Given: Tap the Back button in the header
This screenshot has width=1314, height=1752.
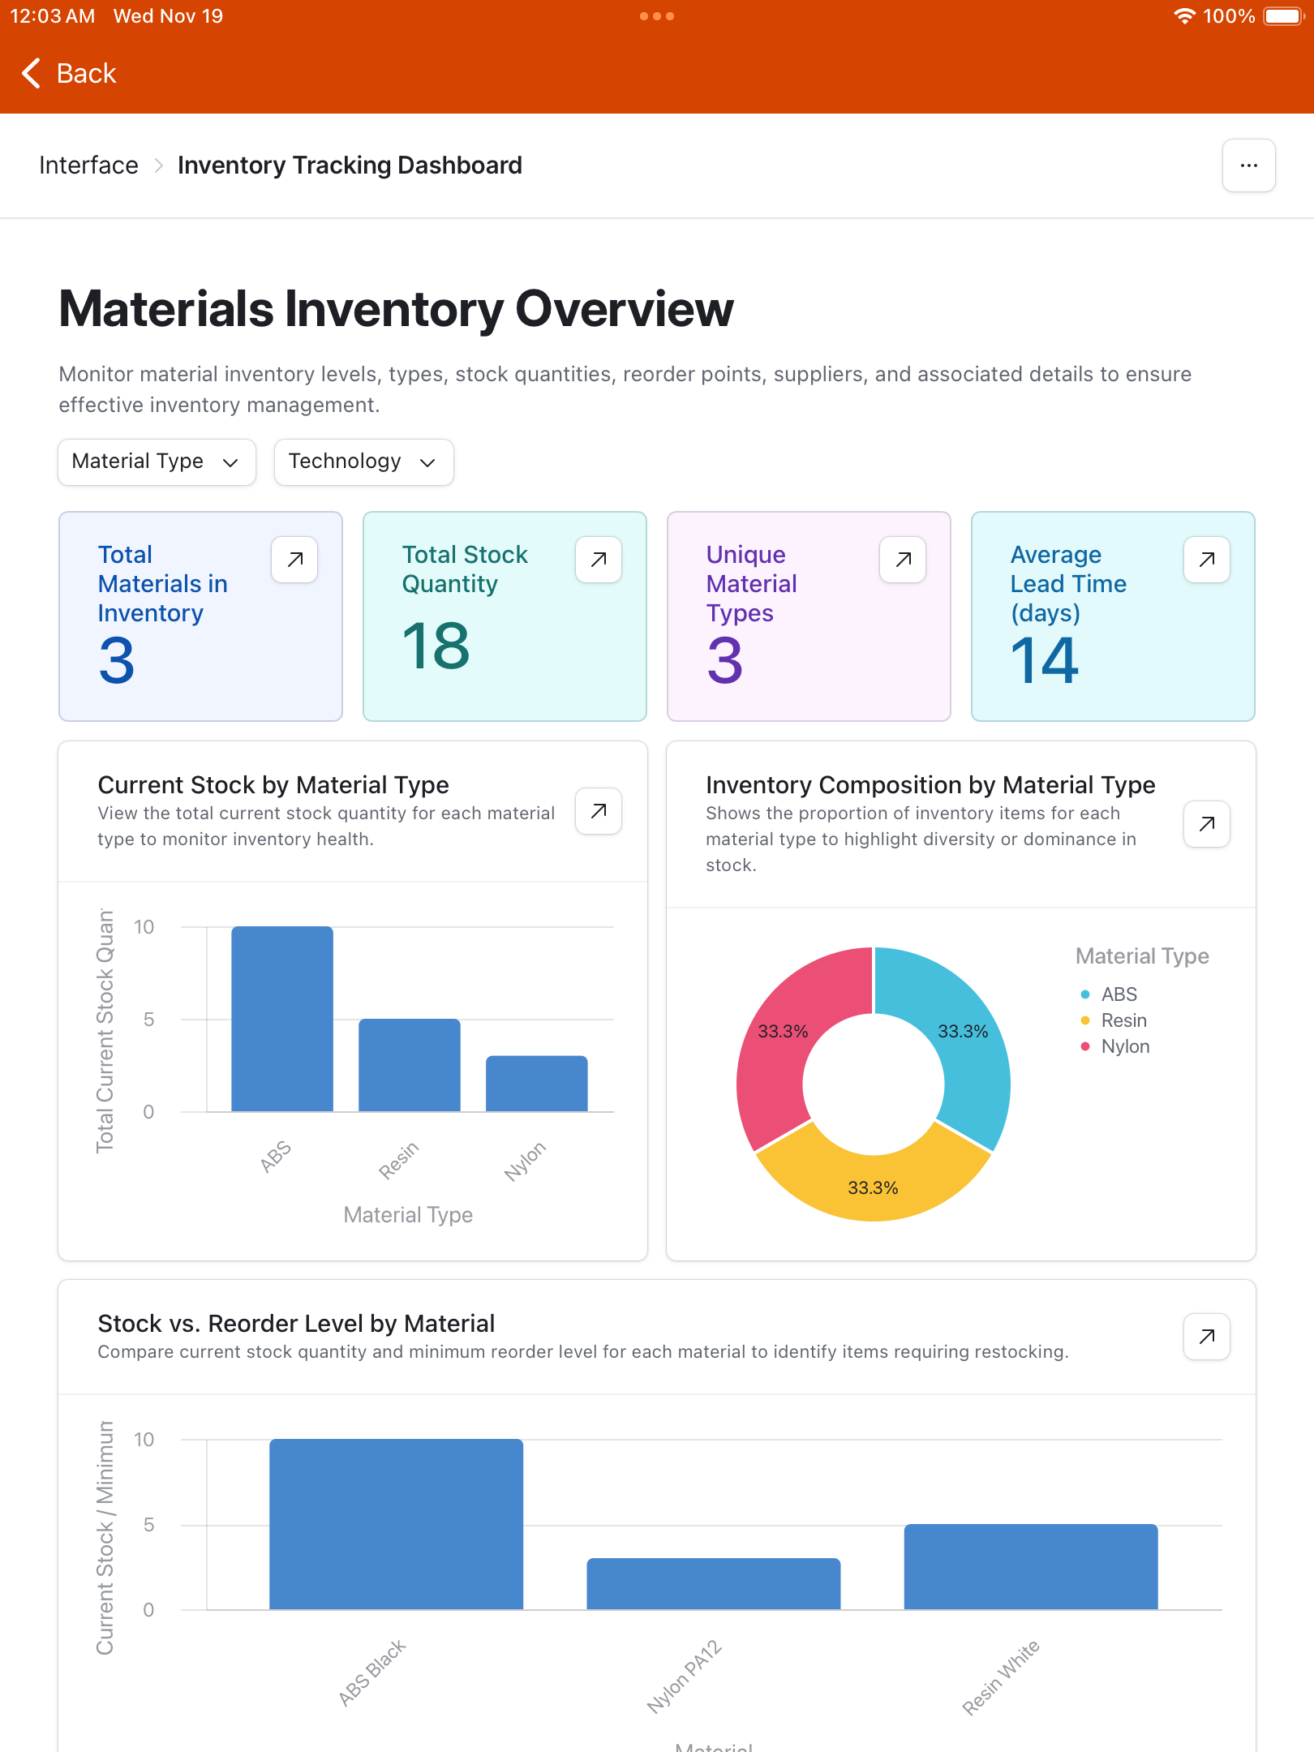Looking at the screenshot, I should (70, 74).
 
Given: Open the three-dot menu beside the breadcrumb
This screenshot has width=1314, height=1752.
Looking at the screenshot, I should (1248, 165).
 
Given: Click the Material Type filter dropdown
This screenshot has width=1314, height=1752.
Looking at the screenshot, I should (157, 462).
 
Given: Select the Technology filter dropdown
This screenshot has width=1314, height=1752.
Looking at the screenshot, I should (363, 462).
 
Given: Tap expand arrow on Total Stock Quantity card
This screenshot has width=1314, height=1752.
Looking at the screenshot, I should (599, 559).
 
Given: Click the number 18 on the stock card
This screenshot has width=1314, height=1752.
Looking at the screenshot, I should (436, 646).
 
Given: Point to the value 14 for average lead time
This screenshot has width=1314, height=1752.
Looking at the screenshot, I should (1045, 661).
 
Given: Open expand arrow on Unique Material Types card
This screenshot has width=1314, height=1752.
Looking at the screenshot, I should (903, 559).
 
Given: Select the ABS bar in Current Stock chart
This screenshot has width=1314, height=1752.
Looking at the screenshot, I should (282, 1018).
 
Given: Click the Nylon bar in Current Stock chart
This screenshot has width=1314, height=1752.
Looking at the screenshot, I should (536, 1083).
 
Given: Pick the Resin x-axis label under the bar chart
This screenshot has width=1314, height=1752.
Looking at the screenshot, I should (399, 1160).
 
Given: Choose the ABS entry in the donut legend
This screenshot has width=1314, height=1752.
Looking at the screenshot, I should (1119, 994).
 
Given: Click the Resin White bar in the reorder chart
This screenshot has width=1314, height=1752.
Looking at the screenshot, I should (1030, 1566).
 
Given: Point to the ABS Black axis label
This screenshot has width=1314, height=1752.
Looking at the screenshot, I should (372, 1673).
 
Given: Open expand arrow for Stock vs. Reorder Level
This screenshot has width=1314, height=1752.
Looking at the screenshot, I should (1206, 1336).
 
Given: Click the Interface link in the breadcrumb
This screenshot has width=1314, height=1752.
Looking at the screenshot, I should (89, 165).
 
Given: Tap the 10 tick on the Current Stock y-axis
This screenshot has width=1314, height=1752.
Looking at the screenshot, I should (144, 926).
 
